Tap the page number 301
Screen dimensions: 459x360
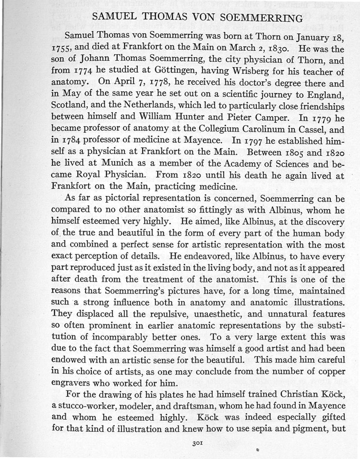tap(196, 444)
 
